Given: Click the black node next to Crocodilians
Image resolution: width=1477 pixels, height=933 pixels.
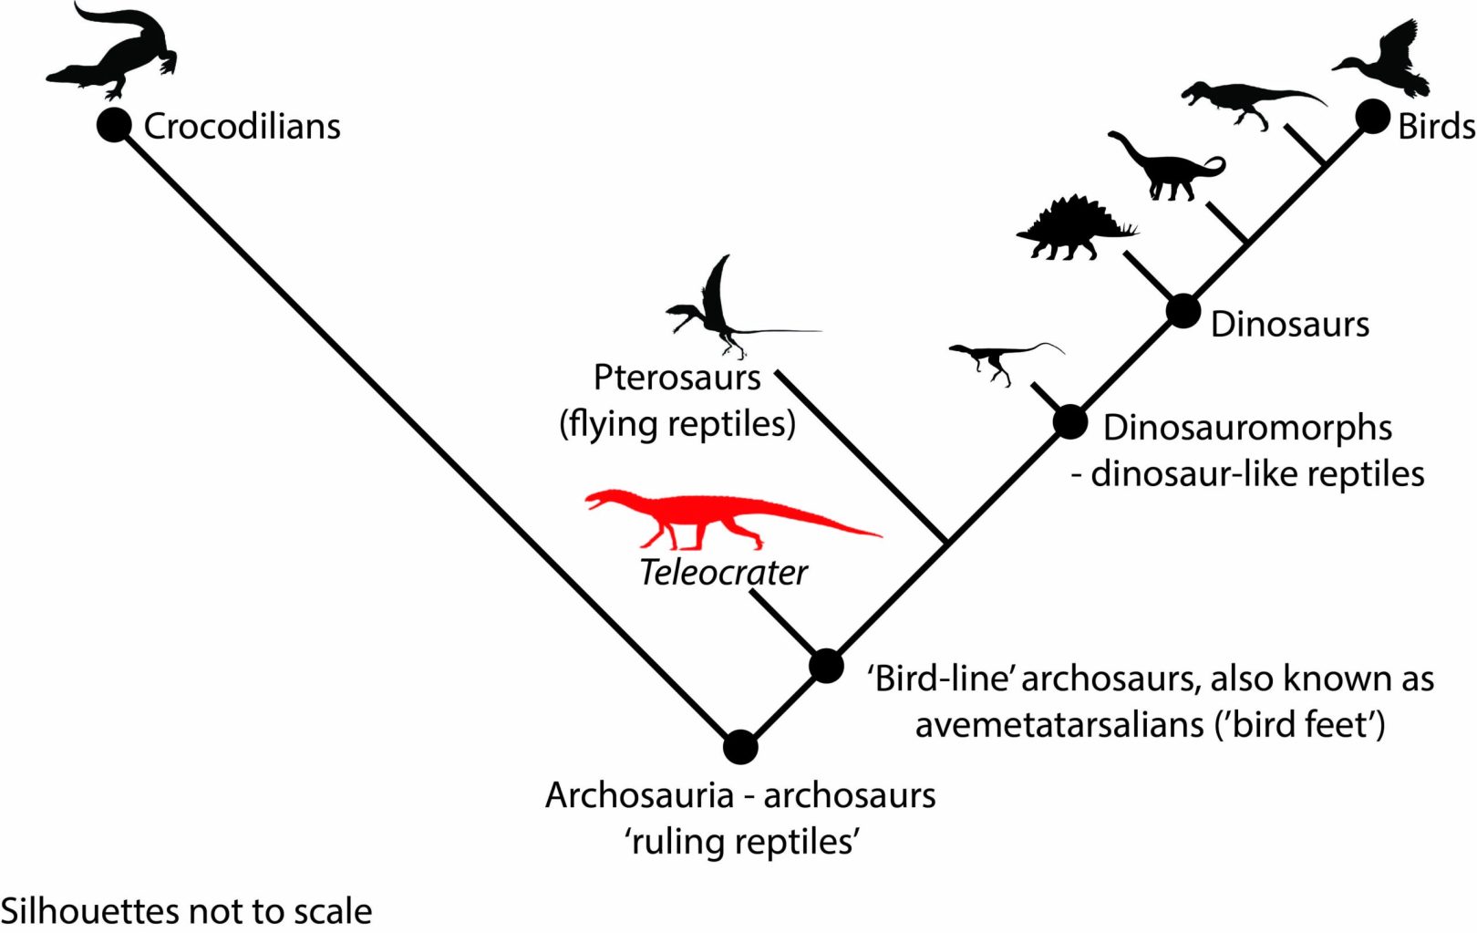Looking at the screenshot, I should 114,125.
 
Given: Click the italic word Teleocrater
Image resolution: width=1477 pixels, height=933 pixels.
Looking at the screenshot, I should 723,573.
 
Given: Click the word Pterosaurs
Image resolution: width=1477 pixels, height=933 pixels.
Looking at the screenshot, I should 677,378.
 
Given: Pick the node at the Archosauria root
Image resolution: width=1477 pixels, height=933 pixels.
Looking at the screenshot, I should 740,747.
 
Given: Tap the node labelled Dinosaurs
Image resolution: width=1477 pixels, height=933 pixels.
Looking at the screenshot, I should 1183,312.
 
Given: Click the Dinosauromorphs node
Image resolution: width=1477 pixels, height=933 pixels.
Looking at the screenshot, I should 1070,422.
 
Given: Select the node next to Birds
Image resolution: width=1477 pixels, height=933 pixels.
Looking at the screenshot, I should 1372,117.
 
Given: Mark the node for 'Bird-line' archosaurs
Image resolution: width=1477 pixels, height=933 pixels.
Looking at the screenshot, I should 826,666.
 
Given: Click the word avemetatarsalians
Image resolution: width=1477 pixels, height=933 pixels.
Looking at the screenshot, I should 1058,725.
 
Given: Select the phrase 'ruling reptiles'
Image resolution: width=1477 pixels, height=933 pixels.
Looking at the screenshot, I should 741,841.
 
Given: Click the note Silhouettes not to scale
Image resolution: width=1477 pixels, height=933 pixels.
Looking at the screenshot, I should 186,911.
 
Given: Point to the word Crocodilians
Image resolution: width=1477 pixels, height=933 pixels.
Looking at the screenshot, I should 242,126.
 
